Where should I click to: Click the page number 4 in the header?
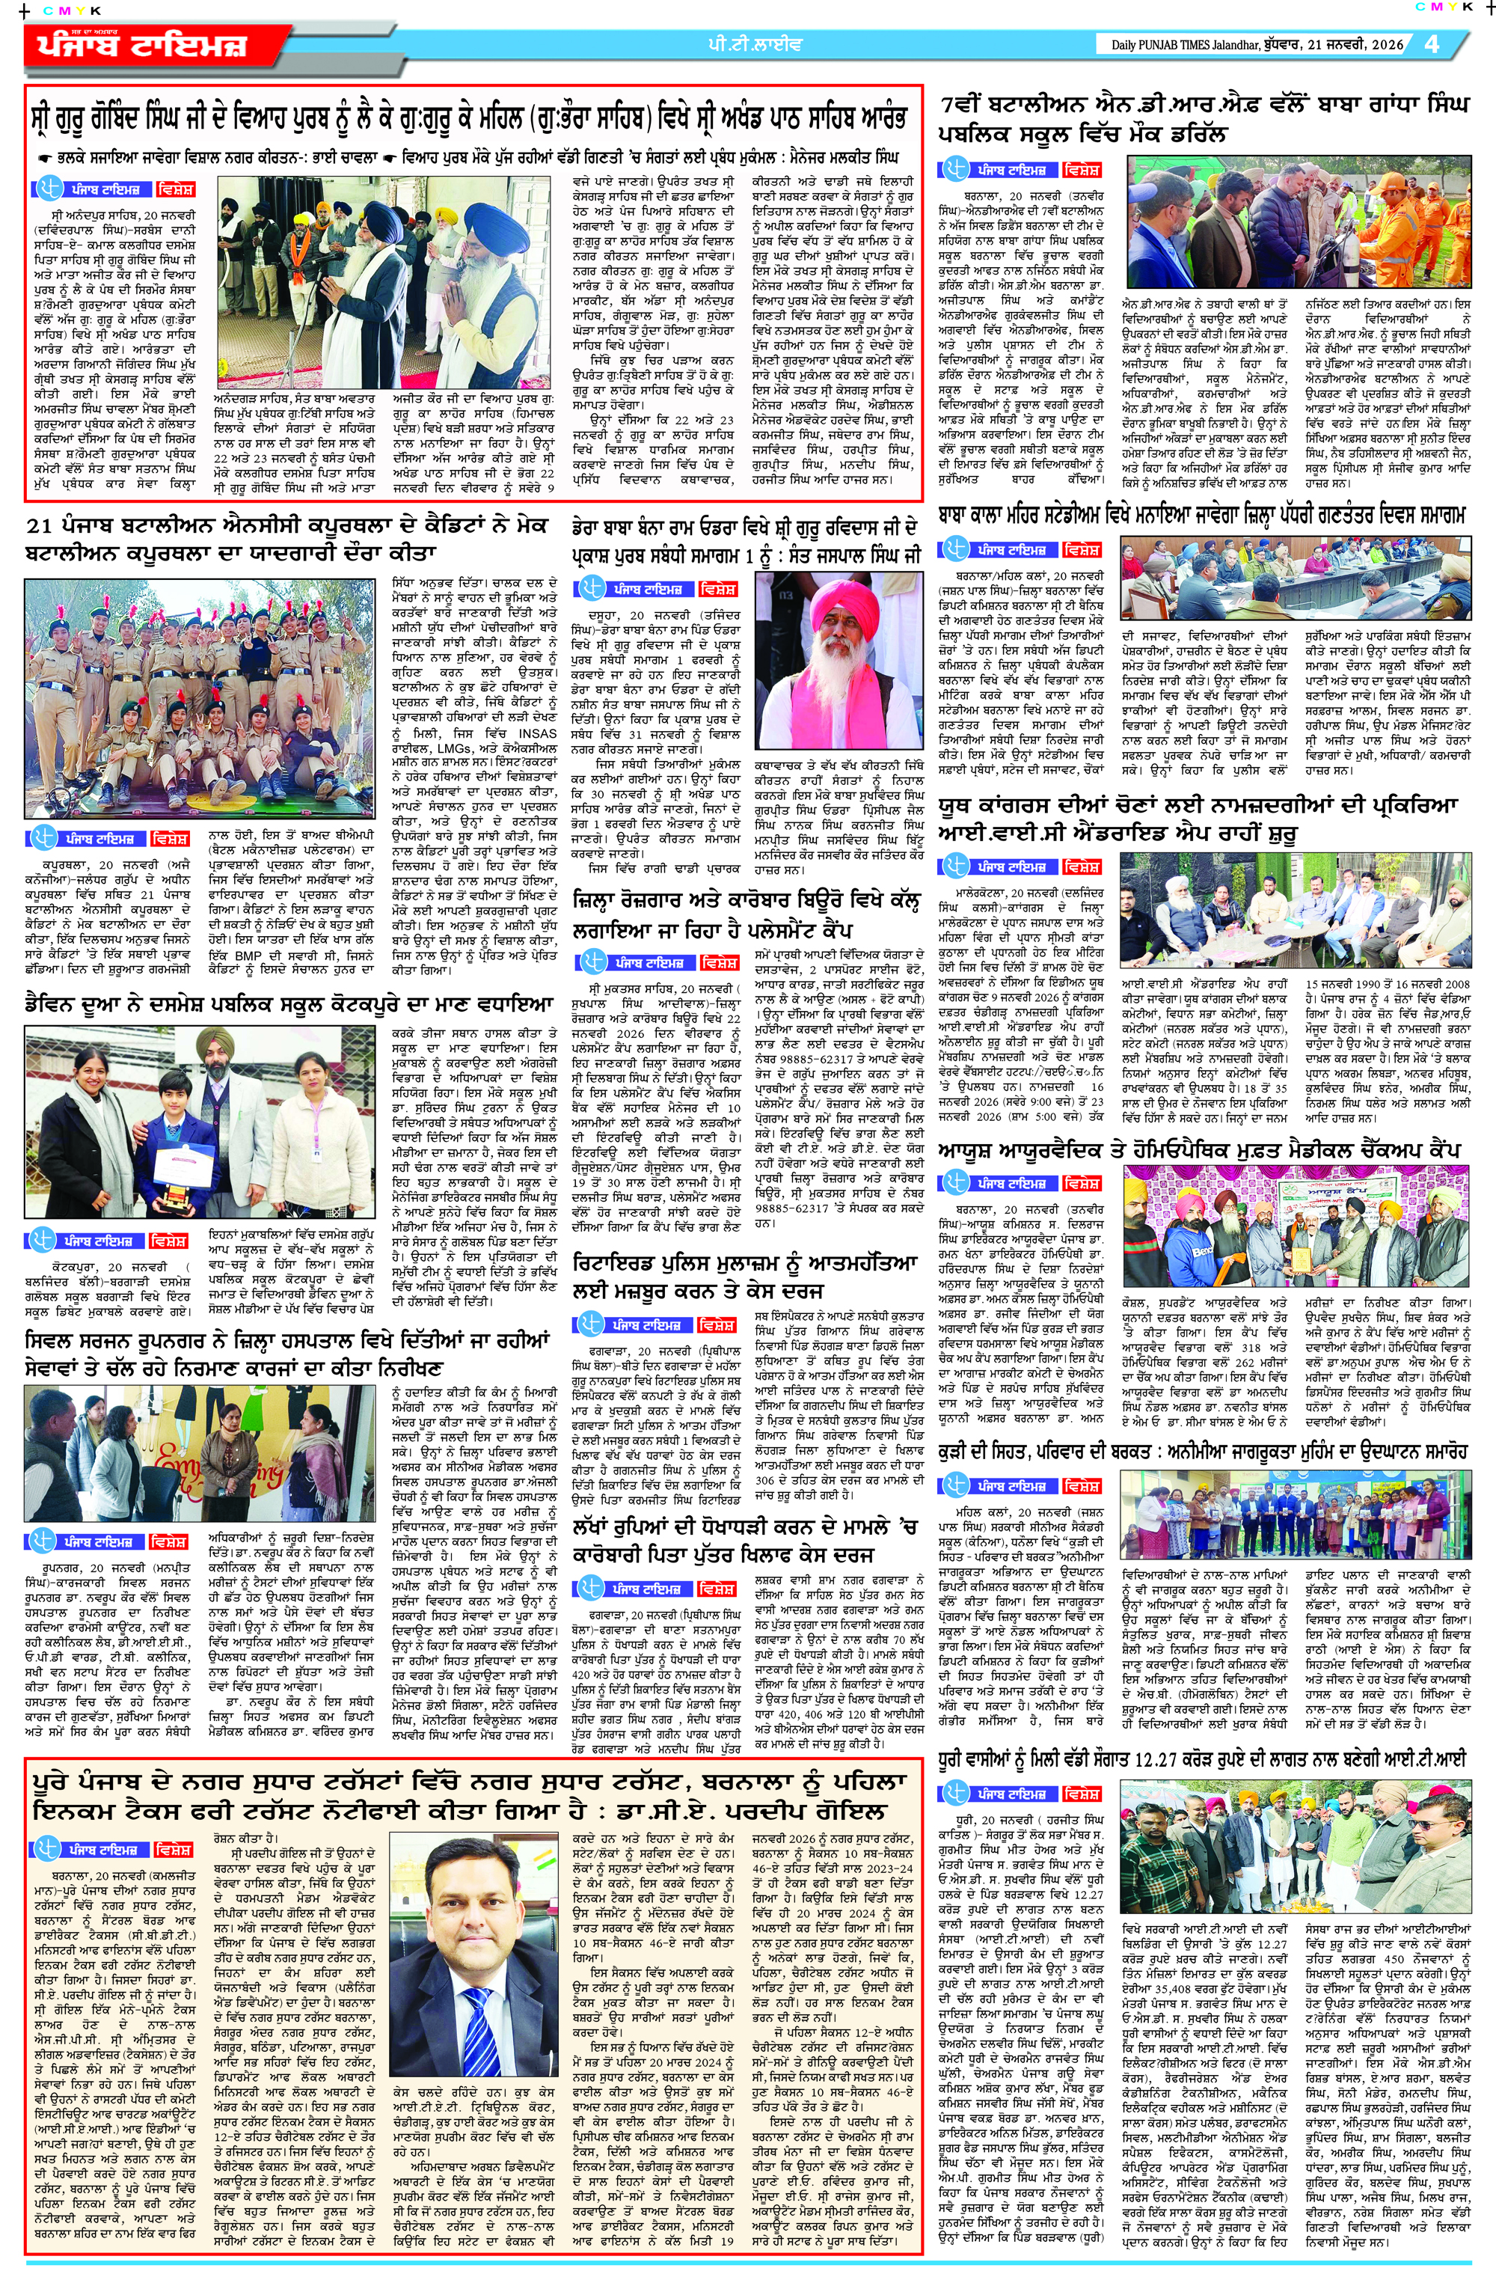coord(1432,43)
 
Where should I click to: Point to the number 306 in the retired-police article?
coord(765,1480)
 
